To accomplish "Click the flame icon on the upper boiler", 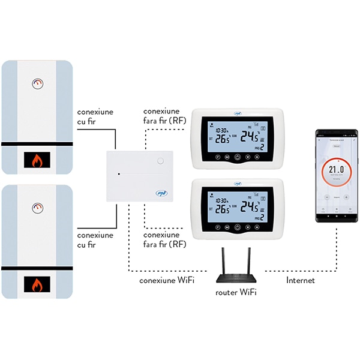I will (x=37, y=160).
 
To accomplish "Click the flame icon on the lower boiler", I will (x=37, y=283).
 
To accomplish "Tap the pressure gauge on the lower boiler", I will (x=38, y=208).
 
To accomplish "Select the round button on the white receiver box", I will (x=160, y=161).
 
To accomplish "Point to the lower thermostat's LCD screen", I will (x=236, y=204).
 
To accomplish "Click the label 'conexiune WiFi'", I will (x=166, y=280).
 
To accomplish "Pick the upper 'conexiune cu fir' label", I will (x=95, y=117).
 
